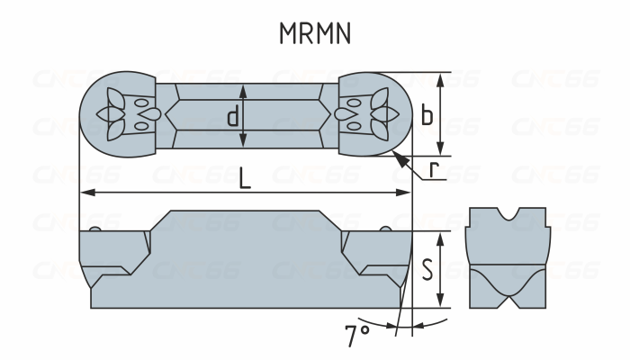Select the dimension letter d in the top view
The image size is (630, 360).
232,116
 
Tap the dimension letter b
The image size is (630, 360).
427,114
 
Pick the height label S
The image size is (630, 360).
427,267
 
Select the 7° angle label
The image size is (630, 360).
356,337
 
